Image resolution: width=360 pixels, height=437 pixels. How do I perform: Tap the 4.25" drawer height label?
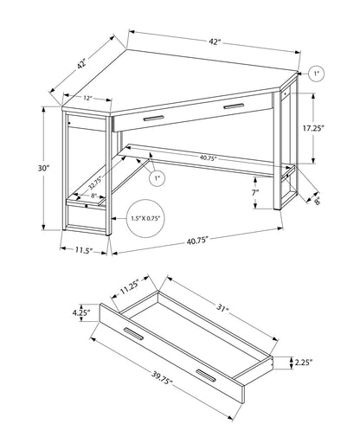coord(83,314)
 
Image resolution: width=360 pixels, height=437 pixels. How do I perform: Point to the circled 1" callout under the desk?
coord(156,179)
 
